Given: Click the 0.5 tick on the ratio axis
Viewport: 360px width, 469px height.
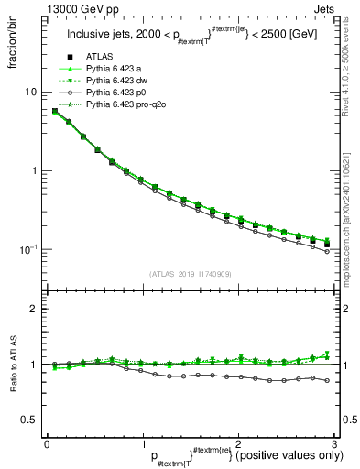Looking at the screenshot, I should point(28,420).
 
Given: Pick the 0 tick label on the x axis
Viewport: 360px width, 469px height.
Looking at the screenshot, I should point(47,443).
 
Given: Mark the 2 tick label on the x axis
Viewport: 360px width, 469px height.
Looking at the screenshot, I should point(238,443).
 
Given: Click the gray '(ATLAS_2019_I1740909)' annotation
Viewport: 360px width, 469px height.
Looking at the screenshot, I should point(190,274).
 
